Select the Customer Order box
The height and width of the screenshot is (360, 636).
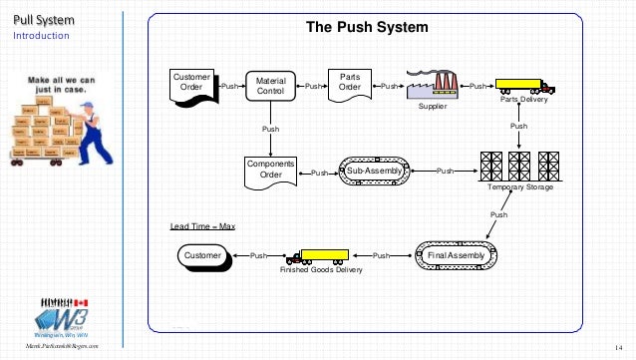[x=191, y=84]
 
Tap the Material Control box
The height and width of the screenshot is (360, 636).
[x=270, y=87]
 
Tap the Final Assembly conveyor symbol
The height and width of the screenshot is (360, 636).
[x=454, y=256]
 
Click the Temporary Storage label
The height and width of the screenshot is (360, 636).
[x=519, y=187]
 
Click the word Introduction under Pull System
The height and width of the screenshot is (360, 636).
[x=41, y=36]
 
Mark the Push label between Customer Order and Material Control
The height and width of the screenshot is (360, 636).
[x=229, y=88]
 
